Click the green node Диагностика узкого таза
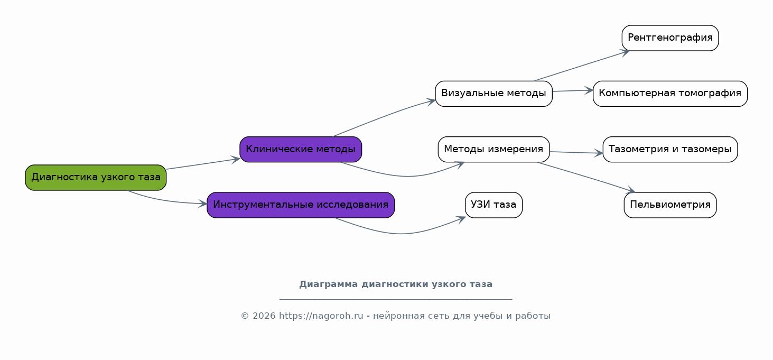pos(96,178)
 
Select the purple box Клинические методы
pos(301,150)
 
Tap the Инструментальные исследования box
pos(301,205)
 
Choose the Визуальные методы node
pos(493,94)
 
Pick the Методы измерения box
pos(493,150)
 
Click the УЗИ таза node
pos(493,205)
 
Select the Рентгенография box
pos(670,38)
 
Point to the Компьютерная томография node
pos(670,94)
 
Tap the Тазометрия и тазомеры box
pos(670,150)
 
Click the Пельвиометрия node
pos(670,205)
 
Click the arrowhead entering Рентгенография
pos(626,51)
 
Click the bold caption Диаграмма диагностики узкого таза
pos(396,284)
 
